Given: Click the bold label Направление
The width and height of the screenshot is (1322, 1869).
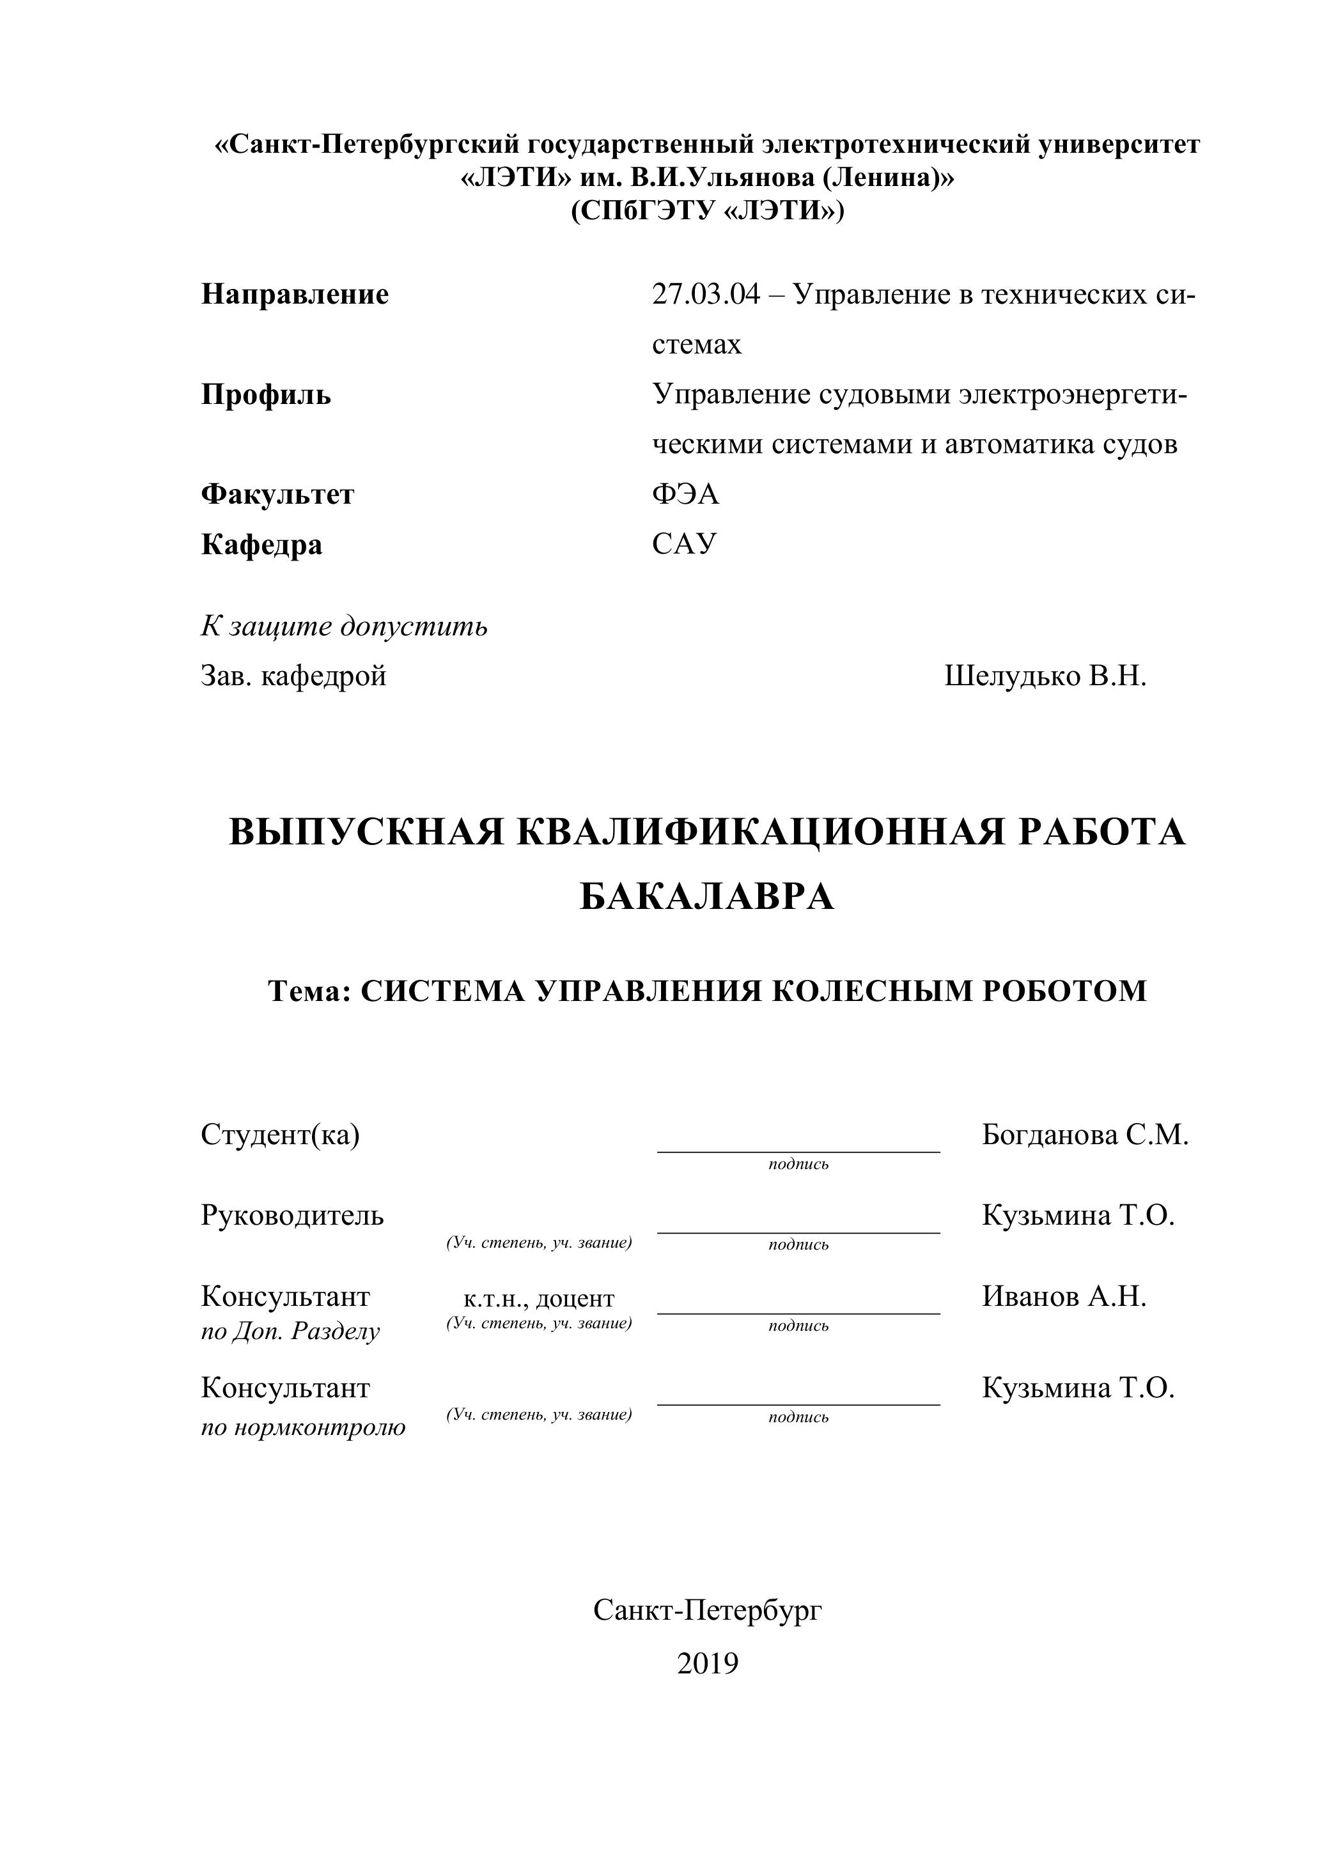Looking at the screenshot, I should coord(295,294).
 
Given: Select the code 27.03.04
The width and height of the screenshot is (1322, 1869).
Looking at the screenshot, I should coord(705,294).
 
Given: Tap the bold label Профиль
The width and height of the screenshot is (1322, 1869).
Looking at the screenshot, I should coord(266,395).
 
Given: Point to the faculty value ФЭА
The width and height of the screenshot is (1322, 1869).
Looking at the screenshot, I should coord(685,494).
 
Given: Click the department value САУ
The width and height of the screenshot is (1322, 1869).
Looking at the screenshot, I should coord(684,544).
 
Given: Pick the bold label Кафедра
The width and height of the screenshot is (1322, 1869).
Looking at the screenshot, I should coord(261,544).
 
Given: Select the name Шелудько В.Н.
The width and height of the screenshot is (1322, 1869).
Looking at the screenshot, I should coord(1045,676).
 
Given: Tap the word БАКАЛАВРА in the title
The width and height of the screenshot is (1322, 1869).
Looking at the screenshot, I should coord(706,897).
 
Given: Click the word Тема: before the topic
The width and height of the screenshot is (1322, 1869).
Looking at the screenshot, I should coord(309,991).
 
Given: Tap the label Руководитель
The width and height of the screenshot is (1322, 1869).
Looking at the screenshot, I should coord(292,1215).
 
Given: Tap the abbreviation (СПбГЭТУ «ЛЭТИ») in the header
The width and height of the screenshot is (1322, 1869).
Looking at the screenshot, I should coord(708,211).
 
